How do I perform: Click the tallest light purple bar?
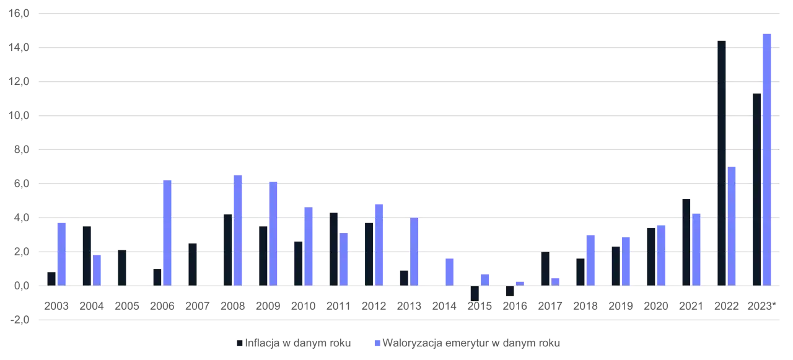(x=766, y=158)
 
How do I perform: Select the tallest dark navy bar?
(x=721, y=162)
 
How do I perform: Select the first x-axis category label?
(x=55, y=305)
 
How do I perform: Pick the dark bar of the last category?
(x=755, y=188)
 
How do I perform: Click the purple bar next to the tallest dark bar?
(x=732, y=225)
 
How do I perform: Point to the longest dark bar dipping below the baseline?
(x=475, y=293)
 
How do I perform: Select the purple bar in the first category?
(x=61, y=253)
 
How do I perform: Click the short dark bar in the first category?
(x=50, y=278)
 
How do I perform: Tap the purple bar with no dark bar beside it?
(x=450, y=271)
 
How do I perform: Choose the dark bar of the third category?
(x=121, y=268)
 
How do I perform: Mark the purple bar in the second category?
(x=97, y=270)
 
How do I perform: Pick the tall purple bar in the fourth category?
(x=166, y=232)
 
